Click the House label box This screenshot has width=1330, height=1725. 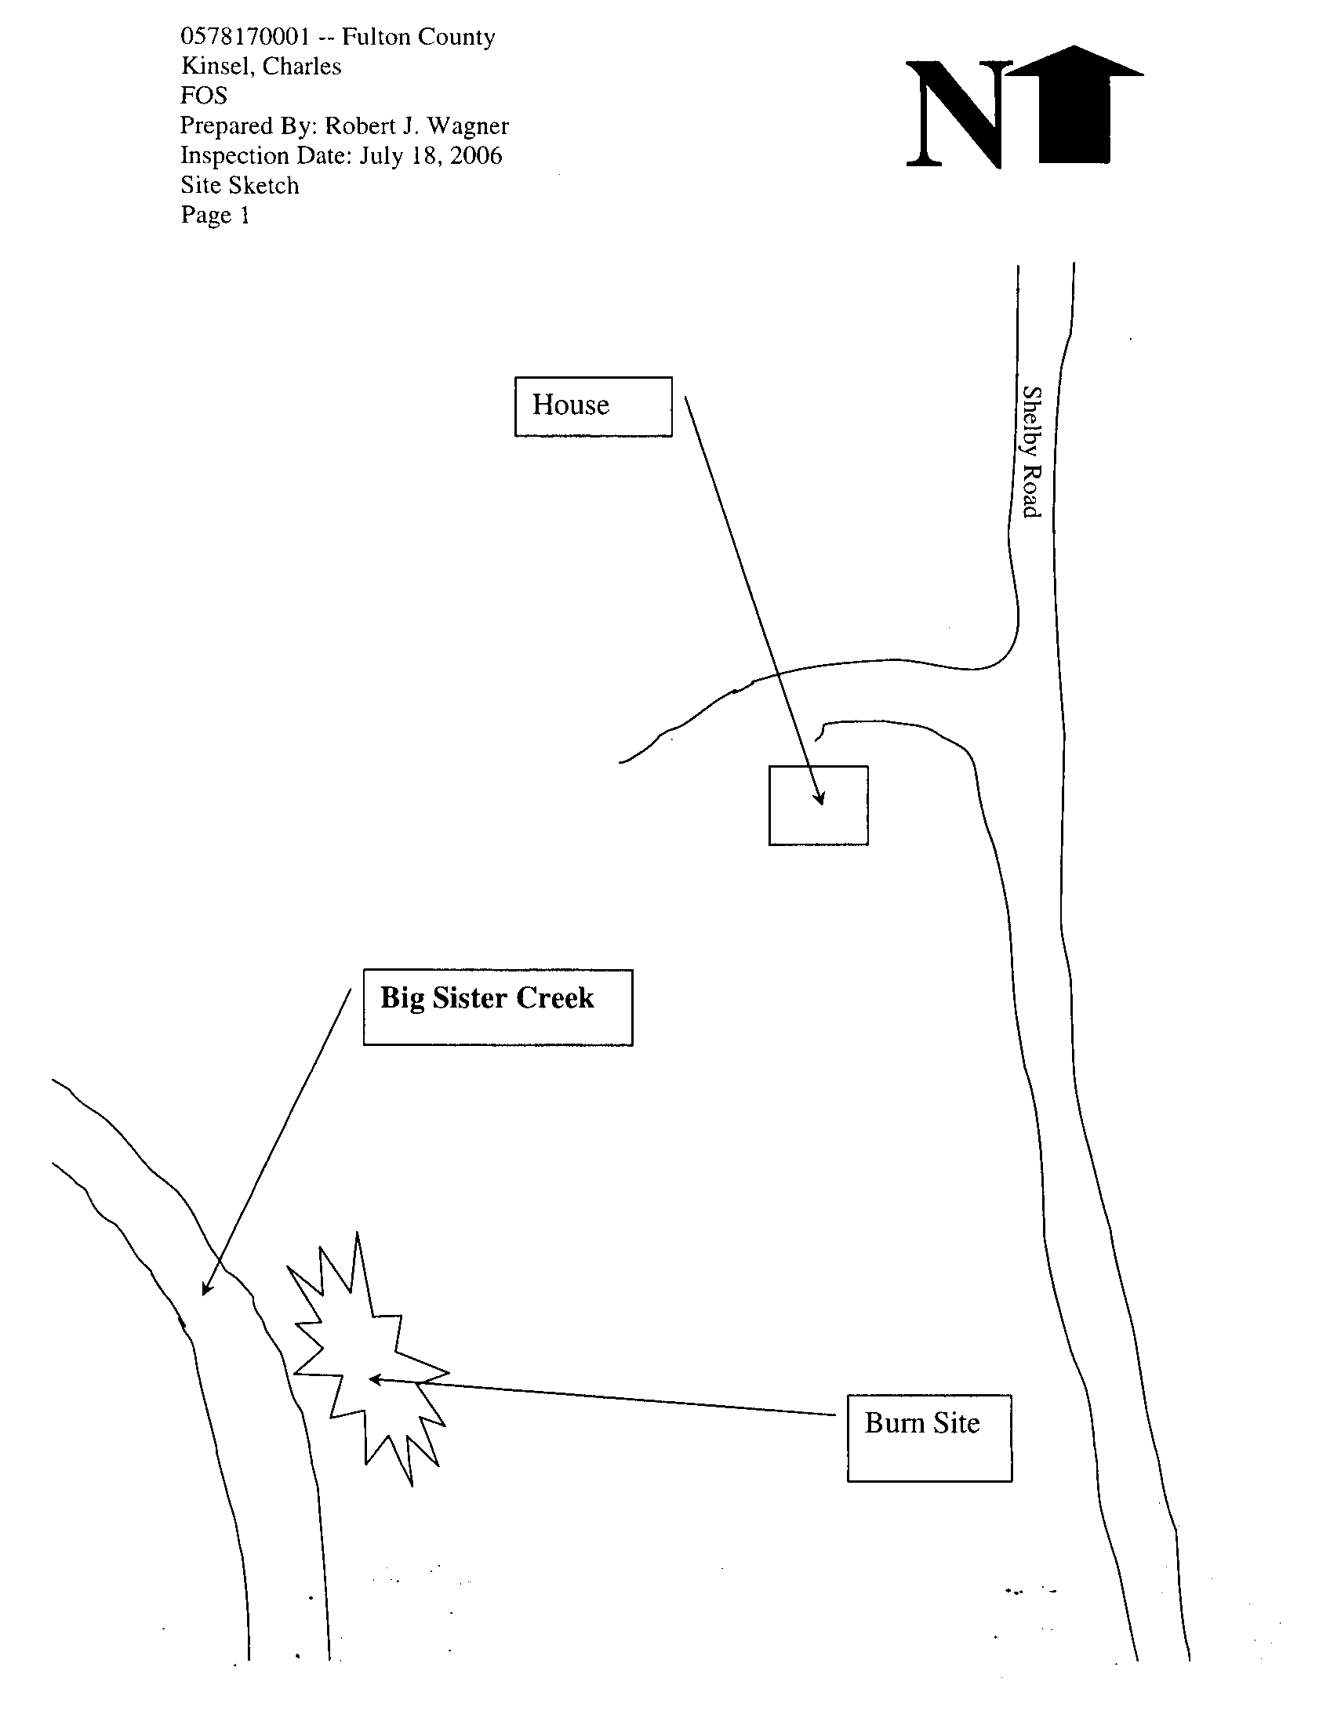(592, 406)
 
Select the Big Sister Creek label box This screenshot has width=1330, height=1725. (496, 1007)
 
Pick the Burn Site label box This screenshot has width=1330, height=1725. (928, 1437)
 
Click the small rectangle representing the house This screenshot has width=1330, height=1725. (818, 804)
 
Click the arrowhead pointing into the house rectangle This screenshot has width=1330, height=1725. (819, 797)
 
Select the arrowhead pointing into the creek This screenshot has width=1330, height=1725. (207, 1287)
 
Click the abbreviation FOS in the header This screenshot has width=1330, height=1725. (204, 96)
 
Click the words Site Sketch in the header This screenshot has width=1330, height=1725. (240, 186)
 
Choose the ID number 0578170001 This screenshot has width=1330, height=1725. (245, 37)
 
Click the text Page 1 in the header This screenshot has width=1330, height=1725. (215, 215)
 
